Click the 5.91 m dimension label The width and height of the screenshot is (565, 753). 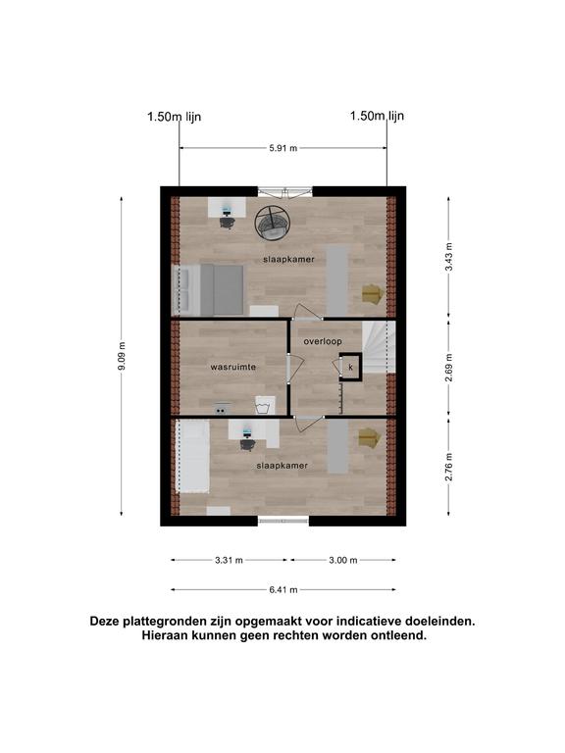pyautogui.click(x=282, y=148)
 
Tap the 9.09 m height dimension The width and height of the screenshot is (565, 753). pyautogui.click(x=122, y=356)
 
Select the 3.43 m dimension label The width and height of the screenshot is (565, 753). pyautogui.click(x=448, y=257)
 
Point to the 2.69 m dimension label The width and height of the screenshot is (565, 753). pyautogui.click(x=448, y=368)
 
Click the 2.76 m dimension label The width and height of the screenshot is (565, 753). pyautogui.click(x=448, y=467)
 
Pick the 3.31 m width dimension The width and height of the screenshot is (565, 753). pyautogui.click(x=229, y=560)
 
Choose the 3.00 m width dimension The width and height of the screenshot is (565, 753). pyautogui.click(x=343, y=560)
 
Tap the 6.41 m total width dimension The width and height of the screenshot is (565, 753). pyautogui.click(x=282, y=589)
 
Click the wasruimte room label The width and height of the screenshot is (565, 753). pyautogui.click(x=233, y=367)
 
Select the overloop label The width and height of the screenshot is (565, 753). pyautogui.click(x=323, y=341)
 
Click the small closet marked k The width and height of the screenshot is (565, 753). pyautogui.click(x=351, y=367)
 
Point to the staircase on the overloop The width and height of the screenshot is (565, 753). pyautogui.click(x=379, y=347)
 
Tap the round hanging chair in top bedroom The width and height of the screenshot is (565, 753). pyautogui.click(x=273, y=223)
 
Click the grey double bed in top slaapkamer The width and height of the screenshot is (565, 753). pyautogui.click(x=208, y=289)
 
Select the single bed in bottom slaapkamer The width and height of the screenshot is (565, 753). pyautogui.click(x=192, y=456)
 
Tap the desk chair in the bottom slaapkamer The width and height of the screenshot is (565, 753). pyautogui.click(x=247, y=445)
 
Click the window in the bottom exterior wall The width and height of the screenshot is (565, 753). pyautogui.click(x=283, y=520)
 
